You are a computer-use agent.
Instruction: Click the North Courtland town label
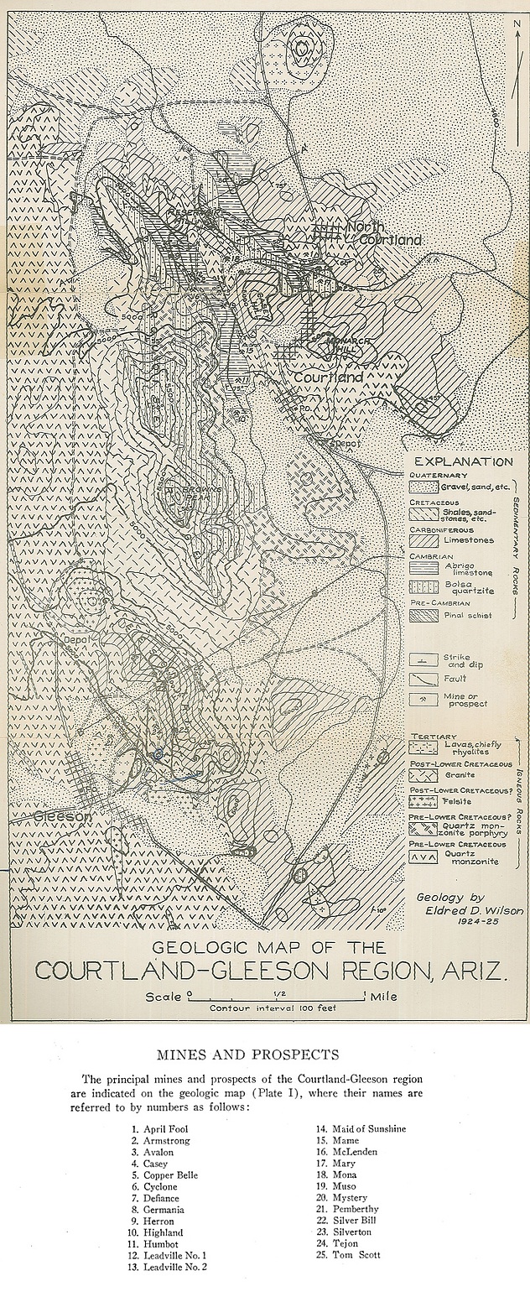(x=382, y=233)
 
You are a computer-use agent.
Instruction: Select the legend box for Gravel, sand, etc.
(x=418, y=487)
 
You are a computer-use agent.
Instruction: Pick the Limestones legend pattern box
(x=418, y=545)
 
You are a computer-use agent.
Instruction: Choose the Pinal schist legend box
(x=418, y=616)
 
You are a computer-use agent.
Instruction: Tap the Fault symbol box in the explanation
(x=418, y=678)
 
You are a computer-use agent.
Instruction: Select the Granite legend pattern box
(x=418, y=776)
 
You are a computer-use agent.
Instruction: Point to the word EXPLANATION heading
(x=464, y=461)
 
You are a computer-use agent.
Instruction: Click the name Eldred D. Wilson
(x=463, y=910)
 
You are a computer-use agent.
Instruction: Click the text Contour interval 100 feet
(x=273, y=1008)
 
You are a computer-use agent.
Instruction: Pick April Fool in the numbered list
(x=165, y=1128)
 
